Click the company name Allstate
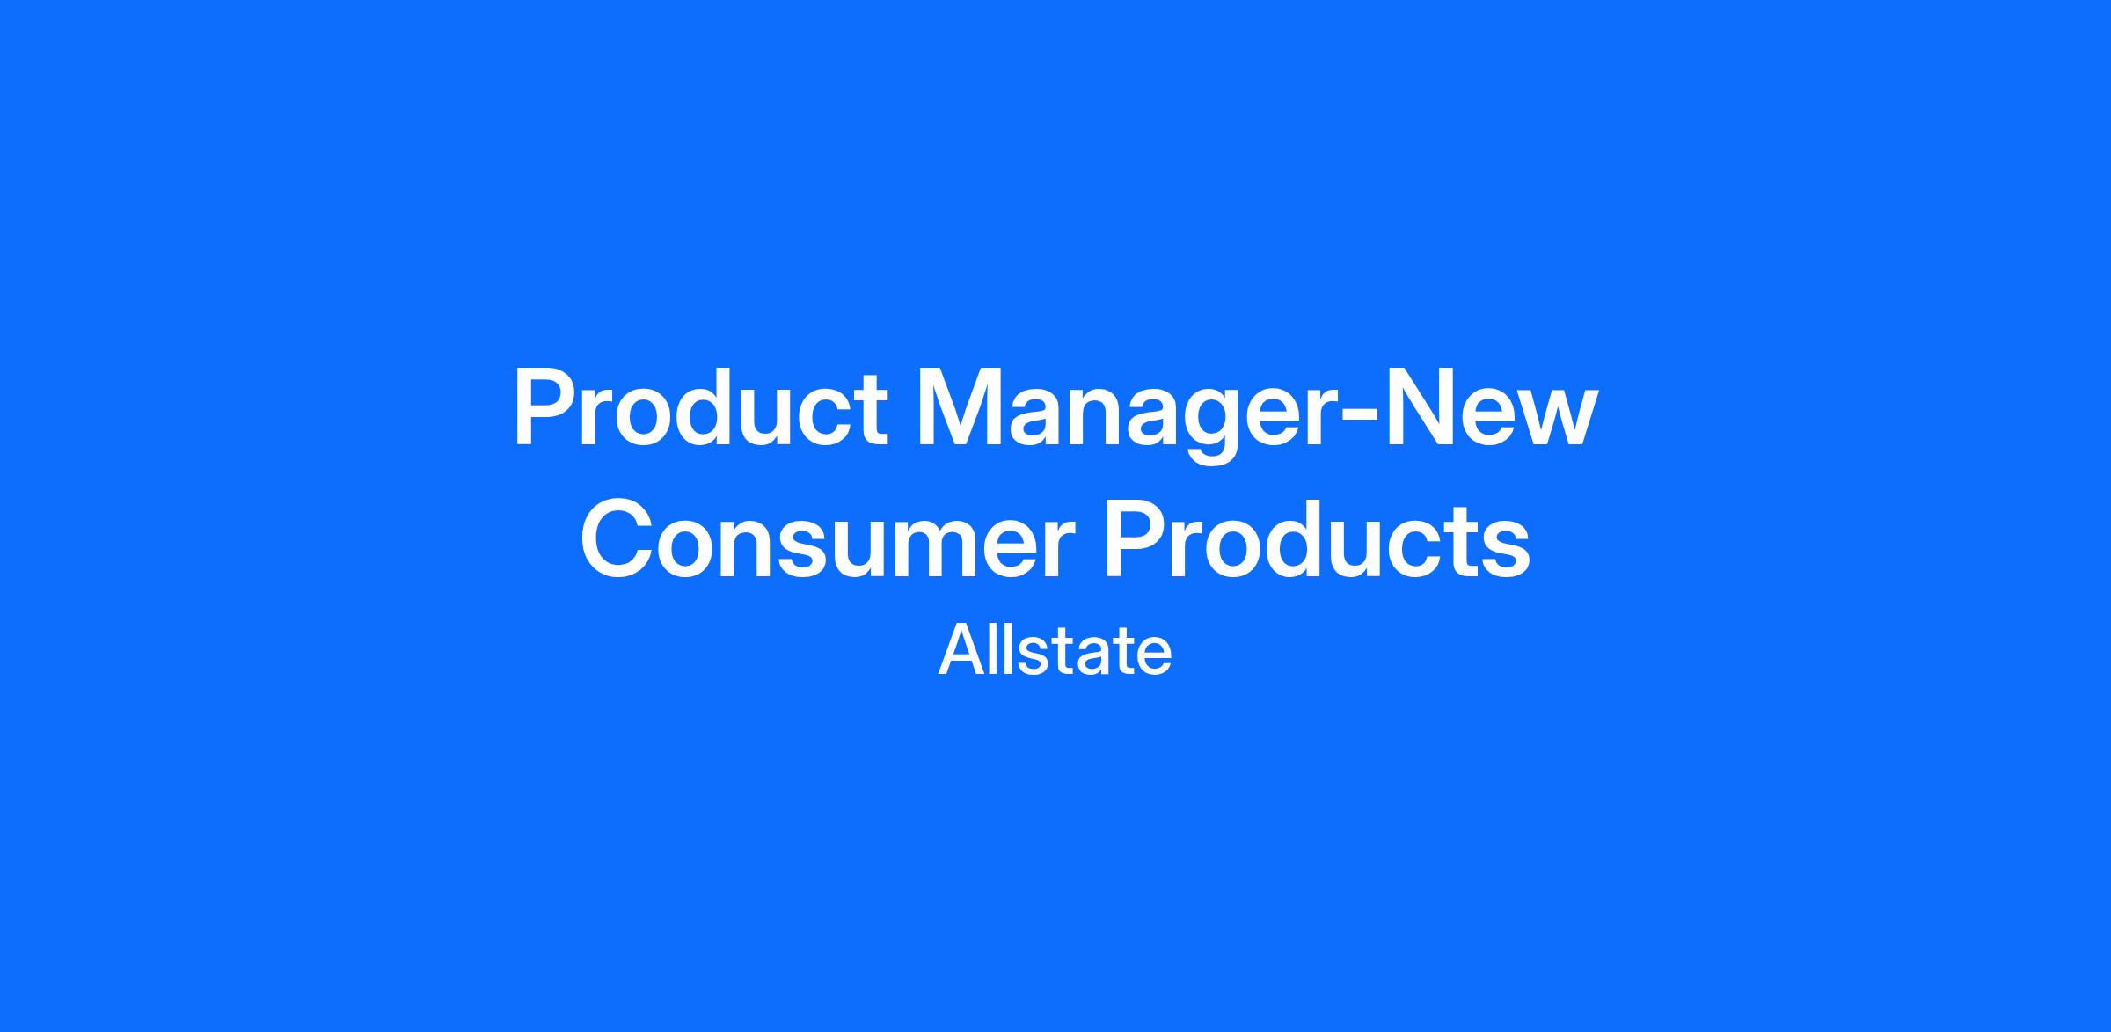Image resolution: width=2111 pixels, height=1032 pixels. pyautogui.click(x=1055, y=651)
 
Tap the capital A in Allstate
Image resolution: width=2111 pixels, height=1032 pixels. pyautogui.click(x=961, y=651)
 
